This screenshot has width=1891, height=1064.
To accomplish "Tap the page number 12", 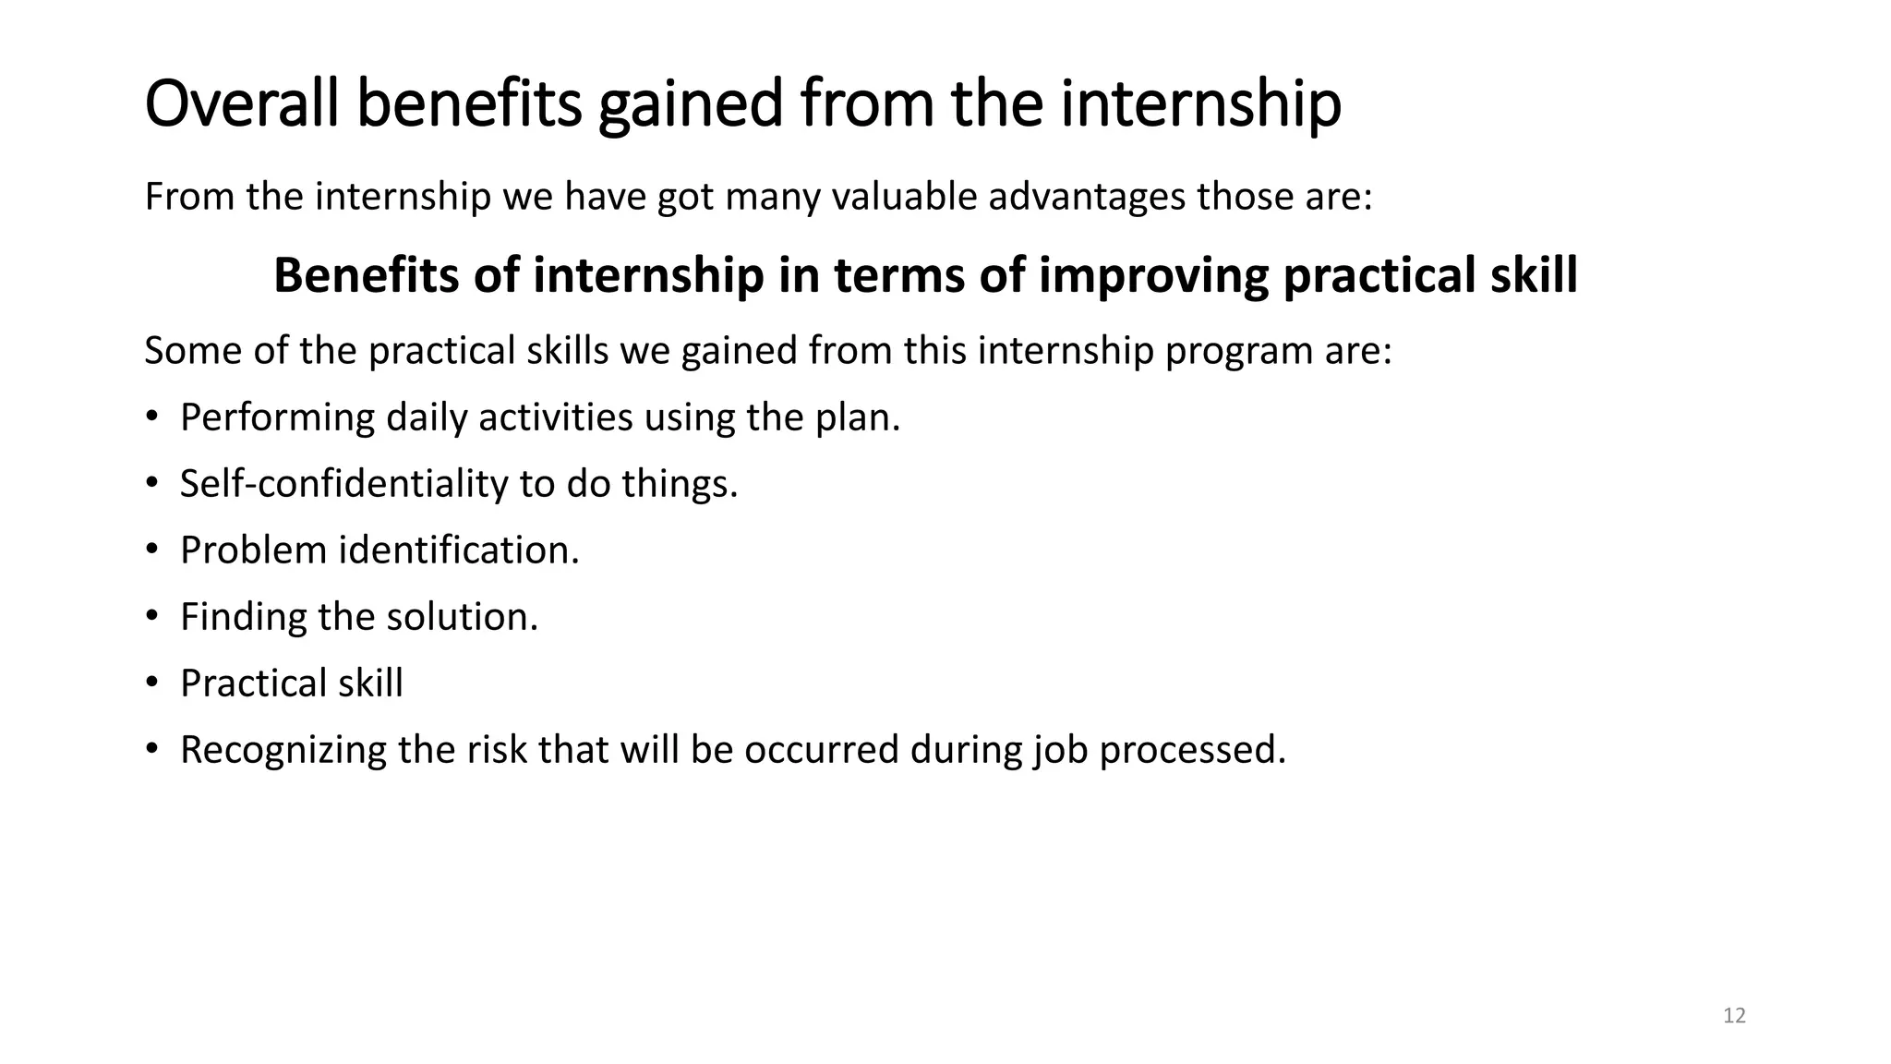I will point(1734,1016).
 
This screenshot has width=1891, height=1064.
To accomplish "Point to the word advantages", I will point(1087,197).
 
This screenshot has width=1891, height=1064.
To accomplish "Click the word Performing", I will point(277,417).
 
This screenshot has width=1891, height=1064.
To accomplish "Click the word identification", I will point(459,550).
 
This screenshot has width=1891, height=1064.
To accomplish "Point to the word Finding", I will point(243,617).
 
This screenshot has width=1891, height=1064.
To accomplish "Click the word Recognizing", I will point(283,749).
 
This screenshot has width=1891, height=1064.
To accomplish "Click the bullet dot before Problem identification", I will point(152,550).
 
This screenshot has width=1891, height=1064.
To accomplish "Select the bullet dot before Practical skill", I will point(152,683).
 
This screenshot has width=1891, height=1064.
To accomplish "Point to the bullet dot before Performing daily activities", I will point(152,417).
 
